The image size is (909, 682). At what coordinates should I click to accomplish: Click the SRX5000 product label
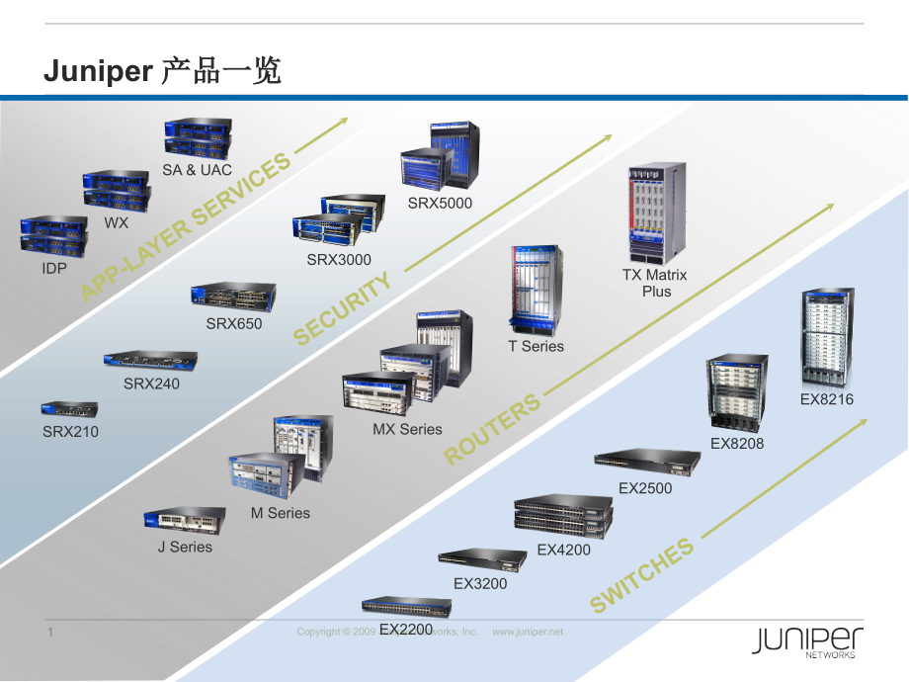click(441, 204)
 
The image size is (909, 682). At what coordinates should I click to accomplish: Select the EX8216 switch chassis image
click(827, 337)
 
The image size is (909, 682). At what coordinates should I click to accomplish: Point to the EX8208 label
click(737, 444)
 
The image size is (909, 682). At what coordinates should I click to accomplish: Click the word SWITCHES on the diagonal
click(642, 577)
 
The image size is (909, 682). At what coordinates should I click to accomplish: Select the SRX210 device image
click(69, 409)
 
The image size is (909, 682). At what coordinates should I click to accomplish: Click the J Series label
click(185, 547)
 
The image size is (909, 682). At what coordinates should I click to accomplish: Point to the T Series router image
click(536, 289)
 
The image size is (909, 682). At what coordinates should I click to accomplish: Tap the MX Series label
click(407, 430)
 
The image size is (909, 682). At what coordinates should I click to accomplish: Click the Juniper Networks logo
click(807, 642)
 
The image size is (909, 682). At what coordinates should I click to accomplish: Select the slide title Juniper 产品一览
click(163, 71)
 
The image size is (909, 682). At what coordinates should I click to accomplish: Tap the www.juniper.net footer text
click(528, 632)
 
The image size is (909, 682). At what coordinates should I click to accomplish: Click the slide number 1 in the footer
click(49, 632)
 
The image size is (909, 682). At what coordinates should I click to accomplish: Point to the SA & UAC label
click(198, 170)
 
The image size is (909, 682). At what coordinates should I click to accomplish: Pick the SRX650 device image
click(233, 298)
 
